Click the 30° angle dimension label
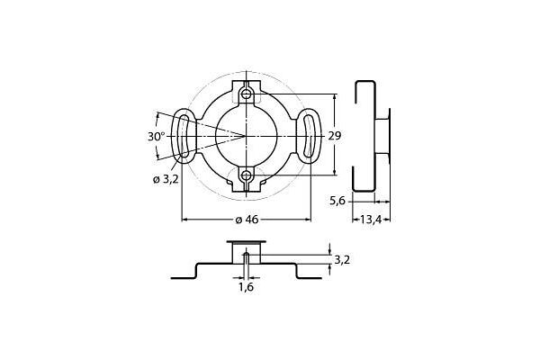(x=157, y=136)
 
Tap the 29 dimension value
(x=335, y=136)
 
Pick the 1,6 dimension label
(x=245, y=288)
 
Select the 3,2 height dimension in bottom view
(x=341, y=259)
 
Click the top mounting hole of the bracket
(x=246, y=93)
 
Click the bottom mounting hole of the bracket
(x=246, y=179)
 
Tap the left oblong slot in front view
(x=183, y=136)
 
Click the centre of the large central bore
(x=246, y=136)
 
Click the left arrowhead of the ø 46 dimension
(x=185, y=217)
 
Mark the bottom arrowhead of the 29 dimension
(x=336, y=175)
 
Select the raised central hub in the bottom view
(x=246, y=252)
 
